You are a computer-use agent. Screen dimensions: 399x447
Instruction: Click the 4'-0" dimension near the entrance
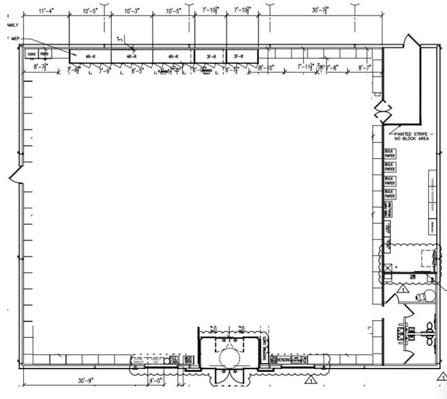155,381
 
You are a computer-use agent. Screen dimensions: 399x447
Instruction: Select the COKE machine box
31,54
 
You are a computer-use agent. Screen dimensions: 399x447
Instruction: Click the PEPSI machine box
45,54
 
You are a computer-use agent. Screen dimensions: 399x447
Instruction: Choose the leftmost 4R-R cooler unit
91,56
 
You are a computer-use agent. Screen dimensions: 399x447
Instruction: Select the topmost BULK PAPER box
390,154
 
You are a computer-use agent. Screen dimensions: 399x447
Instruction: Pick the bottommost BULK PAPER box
390,194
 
